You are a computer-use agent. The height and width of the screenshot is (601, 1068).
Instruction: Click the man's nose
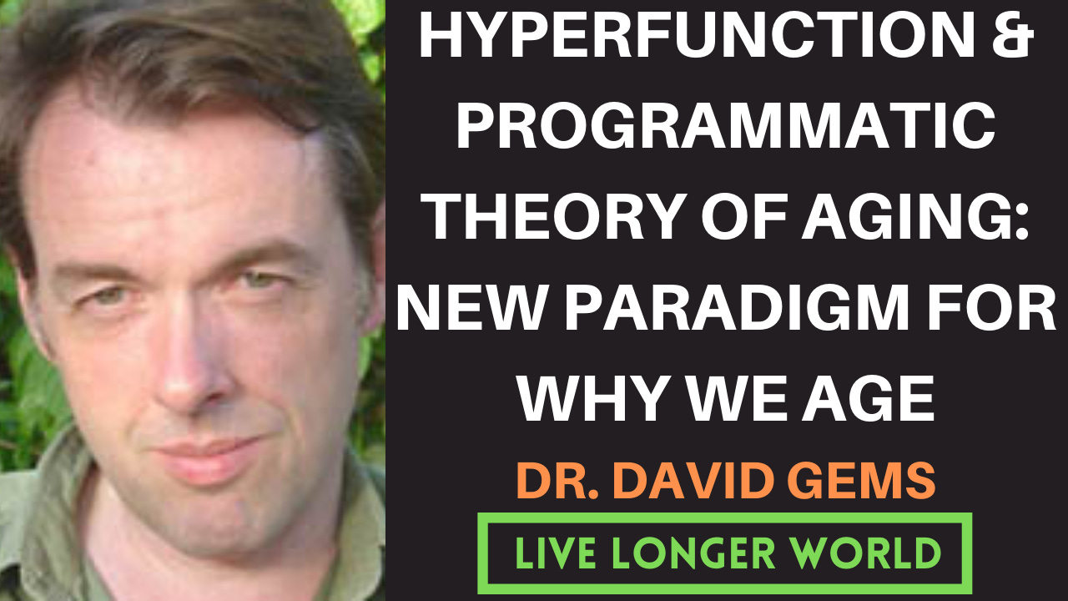pyautogui.click(x=188, y=367)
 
